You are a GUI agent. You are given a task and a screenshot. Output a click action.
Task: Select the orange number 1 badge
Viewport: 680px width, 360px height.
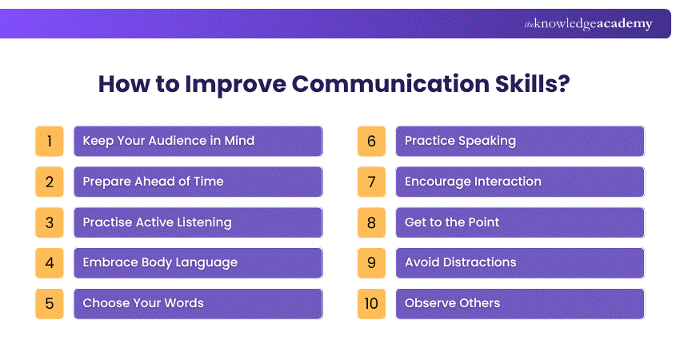[50, 141]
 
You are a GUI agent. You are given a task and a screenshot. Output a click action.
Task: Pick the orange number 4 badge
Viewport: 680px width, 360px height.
[50, 263]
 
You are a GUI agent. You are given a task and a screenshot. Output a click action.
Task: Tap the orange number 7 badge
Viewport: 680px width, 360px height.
[371, 182]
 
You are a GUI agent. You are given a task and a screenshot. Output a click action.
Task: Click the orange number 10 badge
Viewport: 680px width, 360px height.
[371, 304]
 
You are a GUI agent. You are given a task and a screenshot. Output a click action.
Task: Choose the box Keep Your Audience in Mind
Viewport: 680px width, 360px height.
[198, 141]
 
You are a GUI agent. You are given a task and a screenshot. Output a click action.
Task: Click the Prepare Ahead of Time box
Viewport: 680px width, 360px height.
[198, 182]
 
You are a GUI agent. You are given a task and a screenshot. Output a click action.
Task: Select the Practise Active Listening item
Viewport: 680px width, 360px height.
[198, 222]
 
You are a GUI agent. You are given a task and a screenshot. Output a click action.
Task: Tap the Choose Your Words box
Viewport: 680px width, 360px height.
[198, 304]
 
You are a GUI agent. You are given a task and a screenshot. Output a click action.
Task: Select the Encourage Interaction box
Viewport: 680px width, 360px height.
[519, 182]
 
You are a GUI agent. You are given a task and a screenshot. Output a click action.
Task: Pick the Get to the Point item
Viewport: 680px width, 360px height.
[519, 222]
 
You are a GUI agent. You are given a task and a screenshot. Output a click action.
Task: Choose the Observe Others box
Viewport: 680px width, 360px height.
[519, 304]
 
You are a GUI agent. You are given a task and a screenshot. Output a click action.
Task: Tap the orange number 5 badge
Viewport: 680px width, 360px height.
[50, 304]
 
